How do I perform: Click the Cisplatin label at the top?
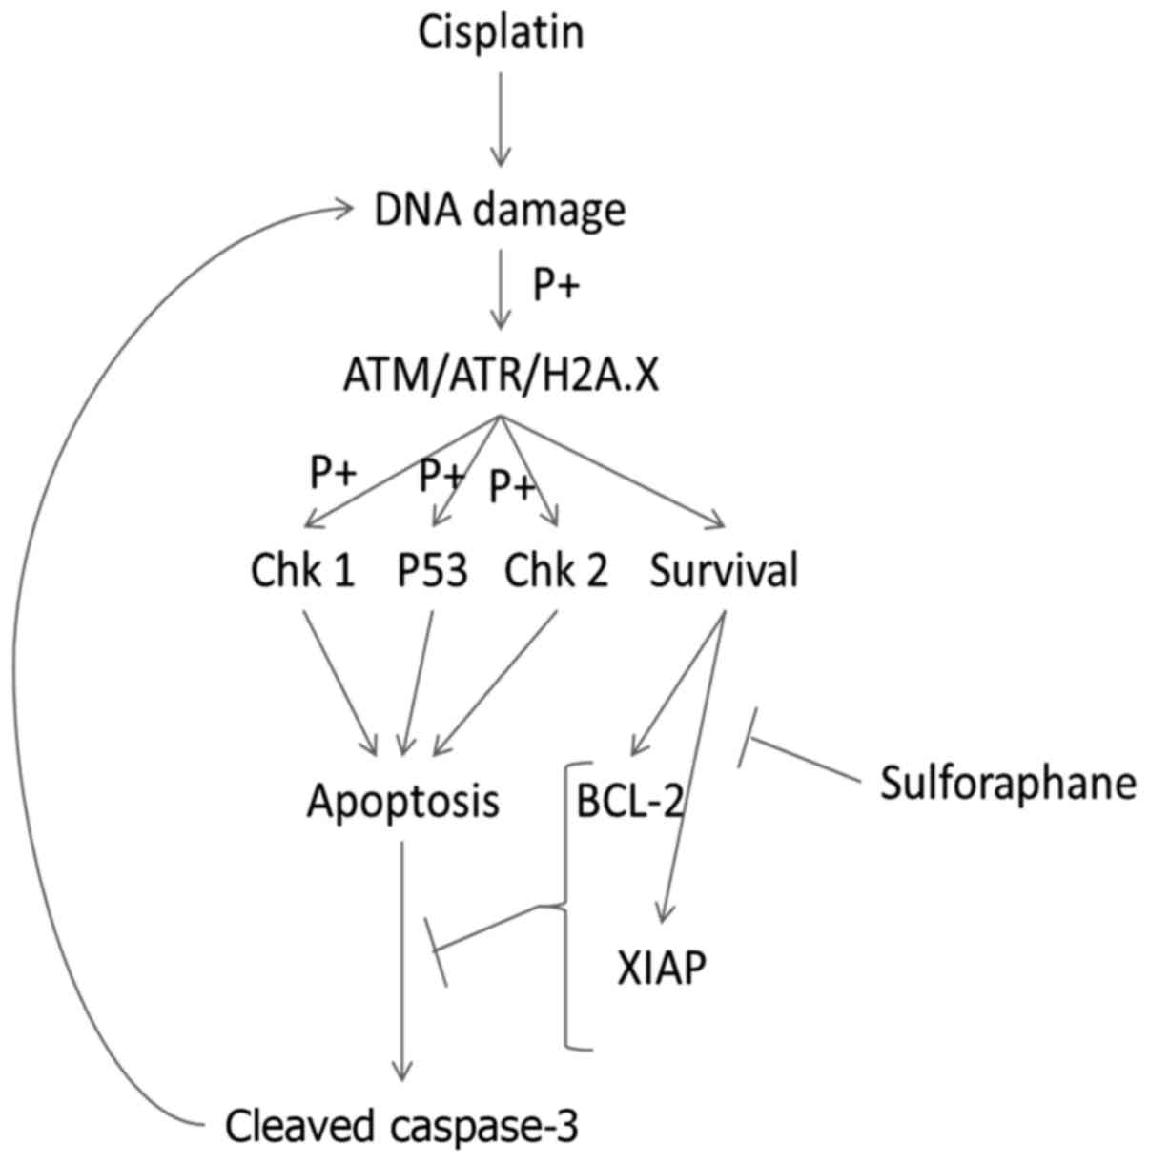(x=501, y=32)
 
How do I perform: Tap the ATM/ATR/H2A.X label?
(x=501, y=377)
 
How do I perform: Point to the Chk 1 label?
(x=303, y=571)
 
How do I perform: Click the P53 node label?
(x=433, y=571)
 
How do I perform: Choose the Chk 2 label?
(x=556, y=571)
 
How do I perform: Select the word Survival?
(x=724, y=571)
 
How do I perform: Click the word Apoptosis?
(x=402, y=801)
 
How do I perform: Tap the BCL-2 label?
(x=630, y=801)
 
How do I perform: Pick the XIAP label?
(x=662, y=970)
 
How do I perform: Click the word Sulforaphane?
(x=1008, y=784)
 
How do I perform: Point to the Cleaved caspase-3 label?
(x=401, y=1126)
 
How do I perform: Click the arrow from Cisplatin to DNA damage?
(x=501, y=119)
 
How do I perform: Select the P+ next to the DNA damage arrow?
(x=555, y=285)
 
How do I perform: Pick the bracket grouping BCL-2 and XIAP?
(x=566, y=906)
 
